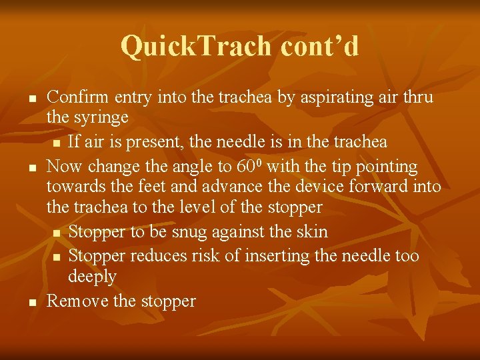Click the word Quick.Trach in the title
197,46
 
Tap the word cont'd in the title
320,46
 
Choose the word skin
313,231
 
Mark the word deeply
92,276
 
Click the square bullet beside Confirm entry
31,99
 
